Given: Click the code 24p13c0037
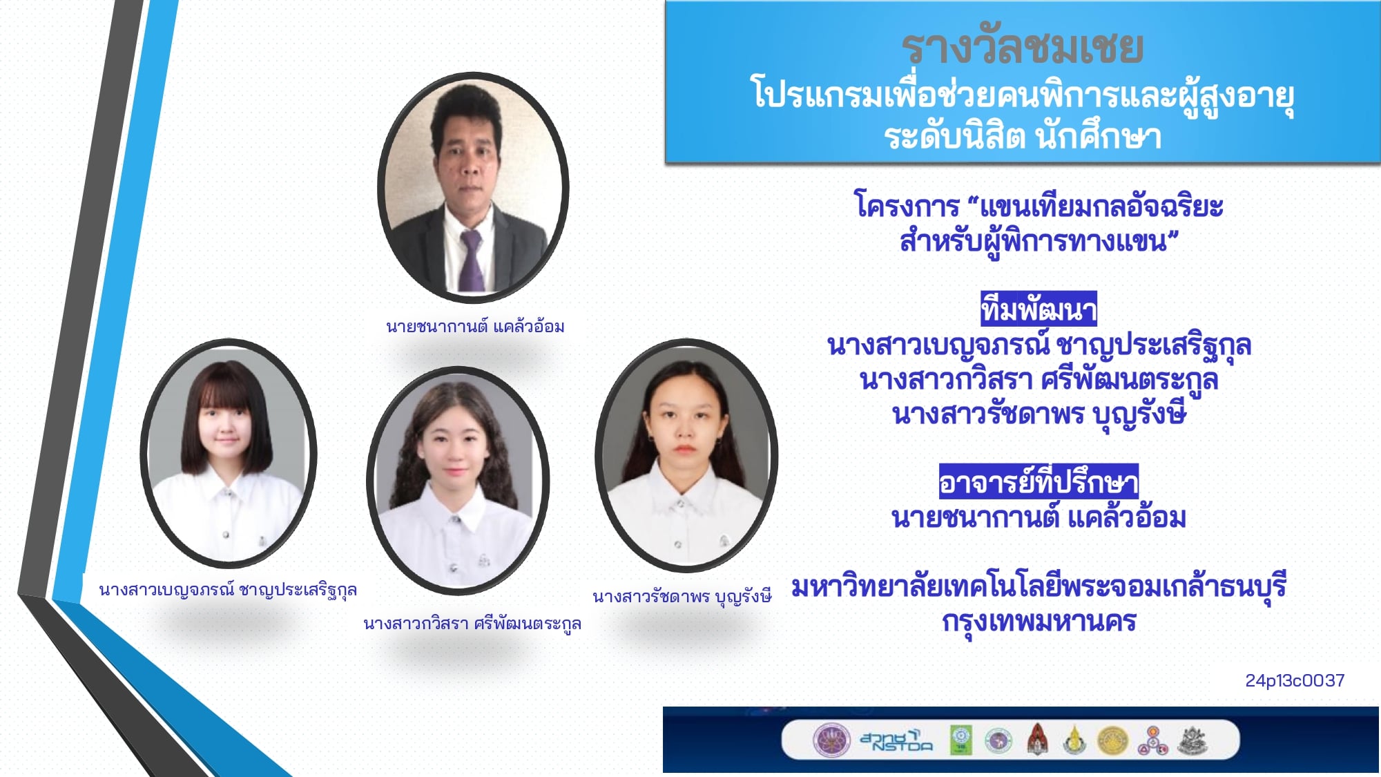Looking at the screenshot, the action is point(1295,681).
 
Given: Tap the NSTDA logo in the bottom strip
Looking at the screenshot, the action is point(896,740).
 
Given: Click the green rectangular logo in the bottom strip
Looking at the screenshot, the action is point(961,740).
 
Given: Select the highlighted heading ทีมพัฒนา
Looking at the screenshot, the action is point(1039,309).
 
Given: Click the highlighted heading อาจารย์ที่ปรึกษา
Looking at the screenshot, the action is point(1039,481).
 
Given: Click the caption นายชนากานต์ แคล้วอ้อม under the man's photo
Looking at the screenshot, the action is point(475,326).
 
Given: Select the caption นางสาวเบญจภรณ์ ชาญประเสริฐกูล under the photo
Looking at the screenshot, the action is point(228,590).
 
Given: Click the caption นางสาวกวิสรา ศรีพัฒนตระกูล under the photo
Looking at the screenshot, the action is point(472,624).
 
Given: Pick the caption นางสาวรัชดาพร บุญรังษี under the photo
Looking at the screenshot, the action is point(682,596).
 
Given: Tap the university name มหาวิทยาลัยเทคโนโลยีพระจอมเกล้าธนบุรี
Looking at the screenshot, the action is point(1039,587).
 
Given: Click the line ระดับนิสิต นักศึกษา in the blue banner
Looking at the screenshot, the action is point(1023,136).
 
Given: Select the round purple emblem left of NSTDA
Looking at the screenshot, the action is point(831,740).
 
